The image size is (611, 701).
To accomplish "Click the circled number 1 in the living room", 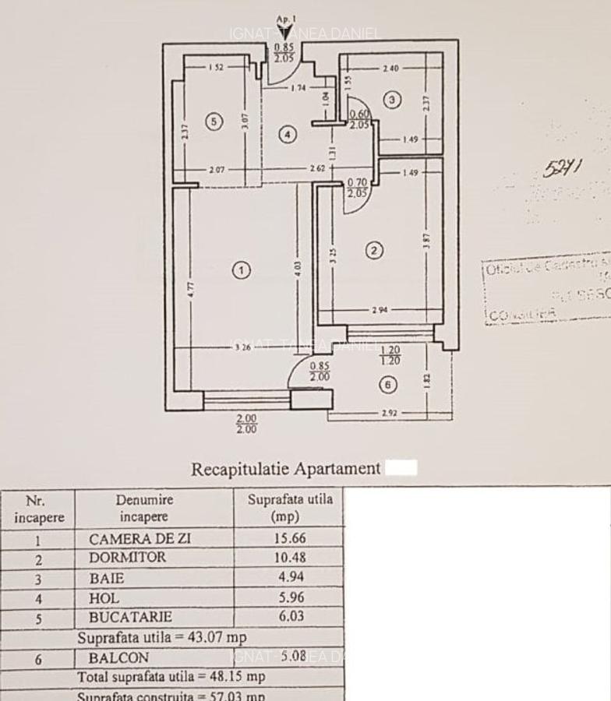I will point(242,270).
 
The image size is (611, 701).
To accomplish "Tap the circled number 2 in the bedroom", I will point(375,250).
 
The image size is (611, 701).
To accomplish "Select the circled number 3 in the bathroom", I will point(392,99).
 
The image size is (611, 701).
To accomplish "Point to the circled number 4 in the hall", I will point(288,134).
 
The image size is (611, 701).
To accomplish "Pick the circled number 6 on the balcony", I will point(389,384).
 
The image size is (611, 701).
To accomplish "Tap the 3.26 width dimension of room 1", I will point(242,347).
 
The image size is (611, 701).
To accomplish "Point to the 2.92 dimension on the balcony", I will point(390,413).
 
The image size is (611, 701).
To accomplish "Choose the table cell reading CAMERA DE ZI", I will point(140,538).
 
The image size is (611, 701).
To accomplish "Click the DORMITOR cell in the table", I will point(127,558).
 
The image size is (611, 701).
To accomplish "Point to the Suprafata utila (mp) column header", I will point(289,507).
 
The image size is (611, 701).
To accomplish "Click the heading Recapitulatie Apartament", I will point(286,469).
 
